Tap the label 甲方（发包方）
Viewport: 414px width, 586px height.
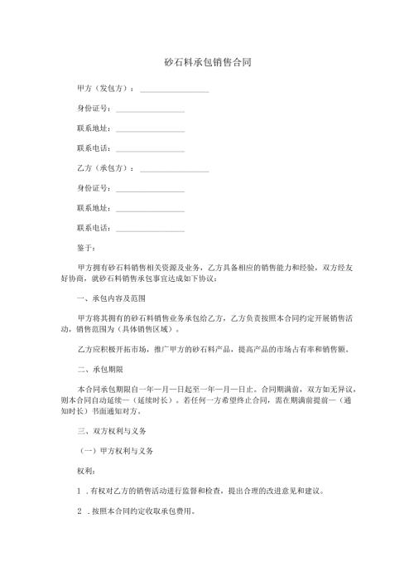104,88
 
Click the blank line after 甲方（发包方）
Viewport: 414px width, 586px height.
174,90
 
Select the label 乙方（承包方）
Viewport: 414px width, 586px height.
104,168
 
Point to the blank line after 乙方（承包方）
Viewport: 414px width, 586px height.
174,170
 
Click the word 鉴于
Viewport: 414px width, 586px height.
85,248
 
